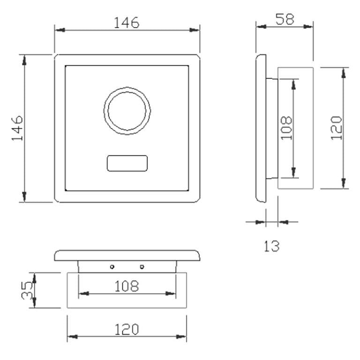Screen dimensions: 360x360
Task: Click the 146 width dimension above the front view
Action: (127, 22)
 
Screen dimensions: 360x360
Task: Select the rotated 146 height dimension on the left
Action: (17, 127)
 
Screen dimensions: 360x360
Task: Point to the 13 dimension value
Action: (271, 246)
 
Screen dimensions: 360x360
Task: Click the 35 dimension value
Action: (27, 290)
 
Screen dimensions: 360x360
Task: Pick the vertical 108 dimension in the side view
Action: (287, 127)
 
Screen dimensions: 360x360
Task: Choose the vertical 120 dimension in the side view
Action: (337, 127)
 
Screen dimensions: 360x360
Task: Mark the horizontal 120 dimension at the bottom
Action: (127, 330)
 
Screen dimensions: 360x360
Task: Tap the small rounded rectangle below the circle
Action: (127, 163)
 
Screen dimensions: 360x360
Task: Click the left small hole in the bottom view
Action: (112, 267)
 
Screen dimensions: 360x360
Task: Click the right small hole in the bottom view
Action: (142, 267)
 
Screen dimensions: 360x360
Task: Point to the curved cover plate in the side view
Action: (261, 128)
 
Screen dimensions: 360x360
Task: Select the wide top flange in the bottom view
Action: (127, 255)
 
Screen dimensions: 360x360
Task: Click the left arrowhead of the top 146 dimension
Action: (58, 30)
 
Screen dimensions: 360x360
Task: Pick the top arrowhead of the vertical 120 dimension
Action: (345, 71)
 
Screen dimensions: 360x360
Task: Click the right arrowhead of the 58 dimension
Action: (309, 26)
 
